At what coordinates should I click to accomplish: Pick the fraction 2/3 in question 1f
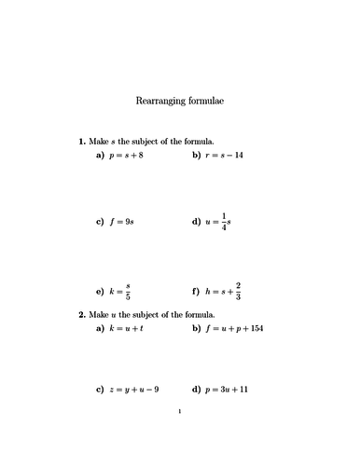point(239,290)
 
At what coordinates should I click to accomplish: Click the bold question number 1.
point(82,140)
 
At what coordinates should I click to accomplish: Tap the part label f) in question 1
point(196,290)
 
